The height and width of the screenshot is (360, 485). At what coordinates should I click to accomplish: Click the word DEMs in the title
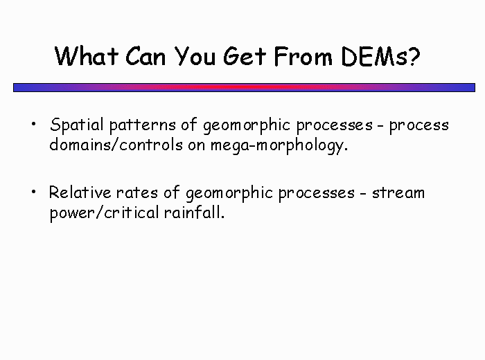[x=375, y=56]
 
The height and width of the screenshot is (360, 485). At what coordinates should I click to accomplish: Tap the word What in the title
[x=87, y=56]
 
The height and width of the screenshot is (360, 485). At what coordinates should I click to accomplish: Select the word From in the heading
[x=303, y=56]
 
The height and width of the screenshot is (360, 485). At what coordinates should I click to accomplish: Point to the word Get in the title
[x=245, y=56]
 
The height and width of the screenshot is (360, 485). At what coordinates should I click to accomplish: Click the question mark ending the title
[x=414, y=57]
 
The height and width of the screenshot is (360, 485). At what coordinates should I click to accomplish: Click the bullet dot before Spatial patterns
[x=34, y=124]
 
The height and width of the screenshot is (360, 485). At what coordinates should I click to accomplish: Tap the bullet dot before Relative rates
[x=34, y=192]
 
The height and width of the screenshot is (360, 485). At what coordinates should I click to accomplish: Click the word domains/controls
[x=116, y=144]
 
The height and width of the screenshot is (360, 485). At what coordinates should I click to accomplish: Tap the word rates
[x=137, y=193]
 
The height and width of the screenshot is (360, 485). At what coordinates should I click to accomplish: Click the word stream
[x=398, y=193]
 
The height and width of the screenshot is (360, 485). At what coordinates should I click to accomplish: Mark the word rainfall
[x=194, y=212]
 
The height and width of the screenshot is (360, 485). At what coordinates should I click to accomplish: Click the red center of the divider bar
[x=244, y=87]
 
